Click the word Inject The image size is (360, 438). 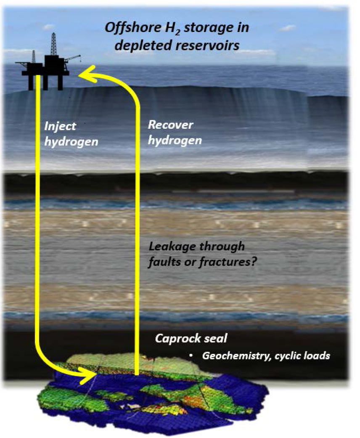[x=60, y=126]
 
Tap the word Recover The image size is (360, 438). [x=170, y=125]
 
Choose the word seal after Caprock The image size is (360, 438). [x=215, y=339]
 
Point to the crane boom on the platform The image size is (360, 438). [x=72, y=58]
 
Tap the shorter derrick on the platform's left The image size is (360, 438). [x=34, y=57]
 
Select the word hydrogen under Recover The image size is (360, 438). [x=175, y=141]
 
